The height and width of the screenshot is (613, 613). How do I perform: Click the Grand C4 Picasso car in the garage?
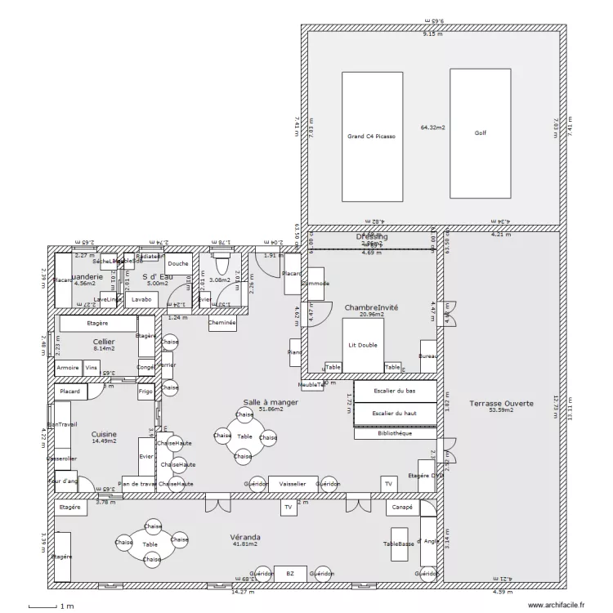[x=371, y=136]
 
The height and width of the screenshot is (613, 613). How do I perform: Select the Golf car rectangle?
[x=480, y=133]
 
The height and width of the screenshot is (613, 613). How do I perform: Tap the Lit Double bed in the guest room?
[x=363, y=344]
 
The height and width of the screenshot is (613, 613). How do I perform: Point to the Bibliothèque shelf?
[x=395, y=433]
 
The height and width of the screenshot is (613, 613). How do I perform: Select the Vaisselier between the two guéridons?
[x=292, y=484]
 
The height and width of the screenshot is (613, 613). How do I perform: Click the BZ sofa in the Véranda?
[x=289, y=575]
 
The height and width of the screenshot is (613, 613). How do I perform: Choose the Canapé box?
[x=401, y=507]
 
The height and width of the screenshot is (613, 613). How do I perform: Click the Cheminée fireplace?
[x=222, y=323]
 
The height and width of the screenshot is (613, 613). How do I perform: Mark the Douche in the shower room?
[x=178, y=264]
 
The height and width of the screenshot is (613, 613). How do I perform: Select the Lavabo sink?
[x=141, y=299]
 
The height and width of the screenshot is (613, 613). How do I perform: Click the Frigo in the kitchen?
[x=145, y=392]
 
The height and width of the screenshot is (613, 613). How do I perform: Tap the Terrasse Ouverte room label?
[x=502, y=404]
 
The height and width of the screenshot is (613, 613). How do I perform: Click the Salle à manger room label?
[x=270, y=403]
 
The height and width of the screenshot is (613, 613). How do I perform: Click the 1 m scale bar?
[x=49, y=606]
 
